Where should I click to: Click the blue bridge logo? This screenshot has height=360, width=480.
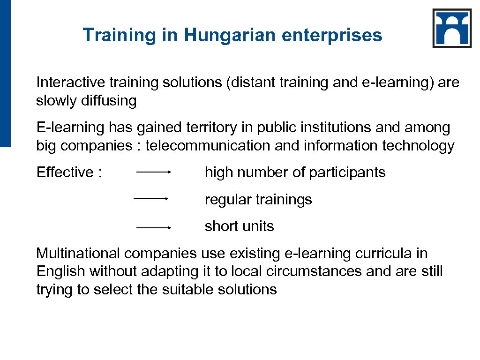coord(452,28)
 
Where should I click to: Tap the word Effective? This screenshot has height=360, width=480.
coord(65,172)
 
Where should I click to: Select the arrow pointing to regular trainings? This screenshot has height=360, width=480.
coord(151,199)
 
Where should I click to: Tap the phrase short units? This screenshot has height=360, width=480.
coord(239,226)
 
